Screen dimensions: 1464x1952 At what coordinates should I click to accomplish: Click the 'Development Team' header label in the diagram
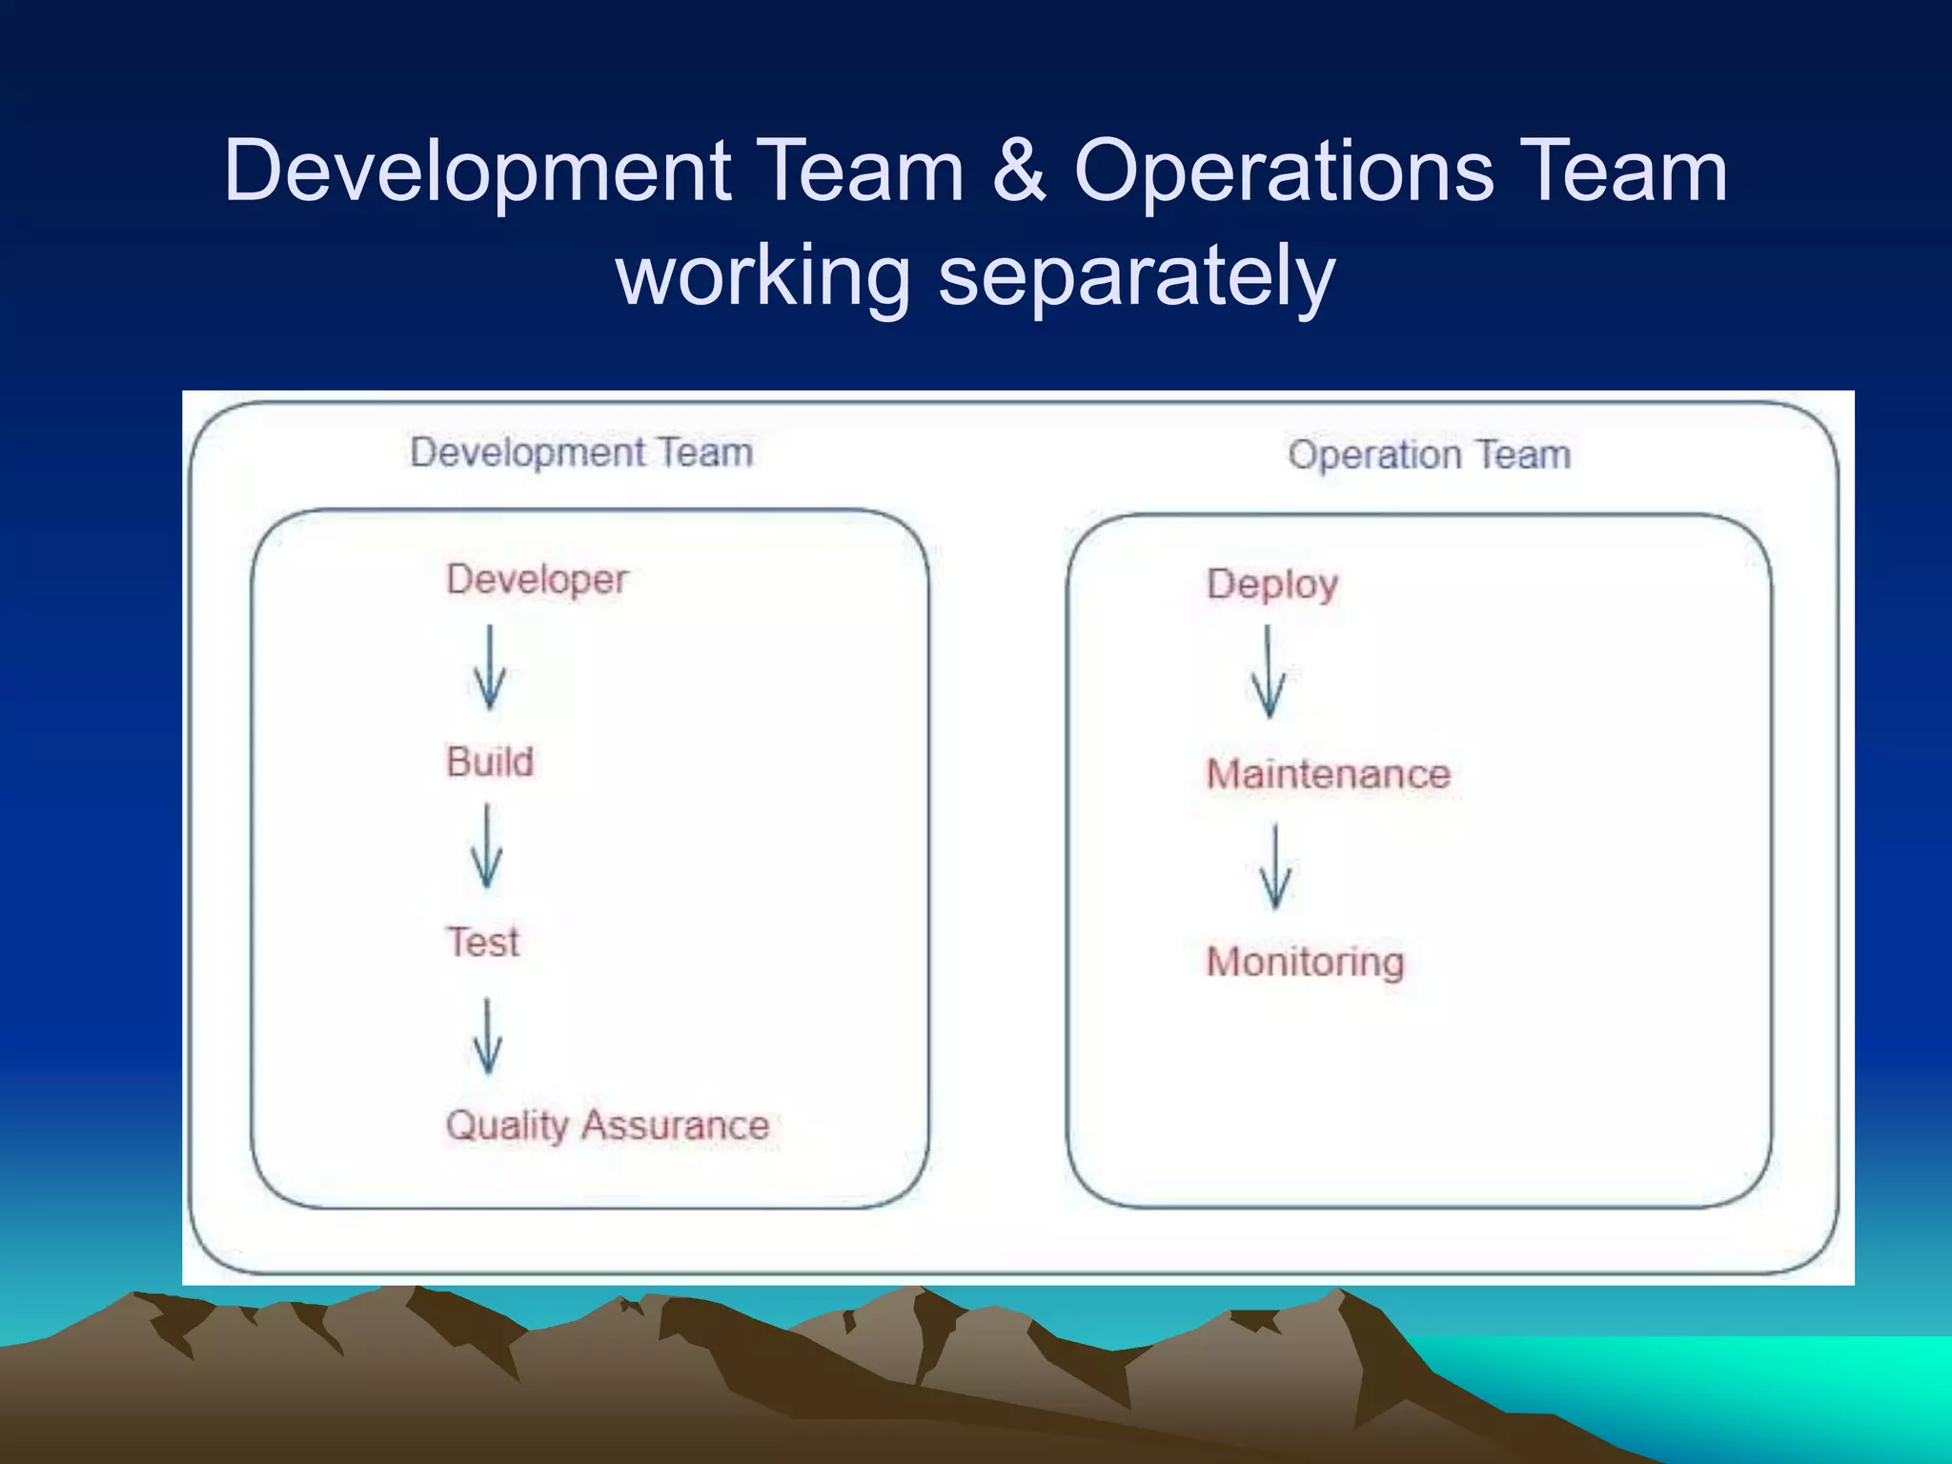[581, 453]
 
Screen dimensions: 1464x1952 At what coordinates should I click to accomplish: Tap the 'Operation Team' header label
[1429, 455]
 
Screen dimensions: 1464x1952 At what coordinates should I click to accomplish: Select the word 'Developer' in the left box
[538, 579]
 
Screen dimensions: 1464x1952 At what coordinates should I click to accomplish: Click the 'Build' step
[490, 762]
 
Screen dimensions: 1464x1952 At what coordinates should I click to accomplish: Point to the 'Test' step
[483, 943]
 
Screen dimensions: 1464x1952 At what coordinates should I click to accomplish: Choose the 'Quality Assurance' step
[607, 1126]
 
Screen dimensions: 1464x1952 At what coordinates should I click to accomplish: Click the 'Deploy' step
[1272, 584]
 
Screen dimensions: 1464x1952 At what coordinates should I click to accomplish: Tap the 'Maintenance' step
[1328, 774]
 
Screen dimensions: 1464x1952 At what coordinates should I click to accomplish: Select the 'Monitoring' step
[1305, 962]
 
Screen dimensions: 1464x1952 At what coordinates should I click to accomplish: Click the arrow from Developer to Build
[490, 668]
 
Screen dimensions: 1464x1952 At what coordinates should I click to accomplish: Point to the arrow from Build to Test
[487, 846]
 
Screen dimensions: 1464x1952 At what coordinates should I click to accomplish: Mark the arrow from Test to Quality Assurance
[488, 1036]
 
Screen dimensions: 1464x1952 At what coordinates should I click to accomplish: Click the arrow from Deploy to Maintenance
[1268, 672]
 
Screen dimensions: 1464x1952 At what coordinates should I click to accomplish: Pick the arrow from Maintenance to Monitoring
[1275, 867]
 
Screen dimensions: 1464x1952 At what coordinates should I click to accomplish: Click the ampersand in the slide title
[1019, 172]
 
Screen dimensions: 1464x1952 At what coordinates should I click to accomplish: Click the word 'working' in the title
[763, 276]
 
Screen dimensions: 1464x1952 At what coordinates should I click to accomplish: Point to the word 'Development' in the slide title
[478, 172]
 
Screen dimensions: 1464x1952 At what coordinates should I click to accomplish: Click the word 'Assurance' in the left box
[676, 1126]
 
